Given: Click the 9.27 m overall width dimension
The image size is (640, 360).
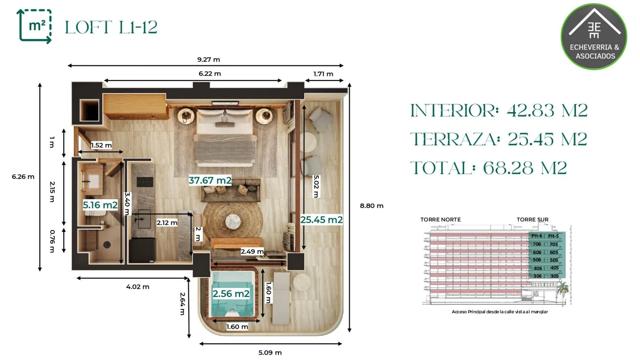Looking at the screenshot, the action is coord(208,60).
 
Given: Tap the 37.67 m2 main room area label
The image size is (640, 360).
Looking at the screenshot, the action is coord(210,180).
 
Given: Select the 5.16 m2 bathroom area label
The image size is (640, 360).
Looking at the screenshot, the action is coord(100,205).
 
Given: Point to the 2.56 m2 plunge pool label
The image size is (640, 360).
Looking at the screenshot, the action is coord(231,294).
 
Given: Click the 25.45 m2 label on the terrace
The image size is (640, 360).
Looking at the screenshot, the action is coord(322,220).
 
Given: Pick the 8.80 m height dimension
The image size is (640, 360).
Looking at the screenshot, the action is coord(372,206).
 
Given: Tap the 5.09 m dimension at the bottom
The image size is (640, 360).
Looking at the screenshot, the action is coord(270,352).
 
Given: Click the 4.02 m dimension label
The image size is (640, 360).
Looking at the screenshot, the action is coord(138,286).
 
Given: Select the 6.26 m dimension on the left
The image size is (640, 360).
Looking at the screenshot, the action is coord(23,176).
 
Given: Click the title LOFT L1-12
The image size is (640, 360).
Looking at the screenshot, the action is coord(111,27).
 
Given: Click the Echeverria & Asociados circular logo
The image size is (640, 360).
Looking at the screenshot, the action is coord(594,36).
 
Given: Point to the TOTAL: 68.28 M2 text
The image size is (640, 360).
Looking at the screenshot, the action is coord(488,168).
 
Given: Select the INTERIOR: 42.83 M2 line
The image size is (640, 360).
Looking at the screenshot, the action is coord(499,110).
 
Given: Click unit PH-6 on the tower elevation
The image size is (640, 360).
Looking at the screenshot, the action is coord(536,236).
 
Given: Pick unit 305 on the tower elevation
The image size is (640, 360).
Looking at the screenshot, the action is coord(554,276).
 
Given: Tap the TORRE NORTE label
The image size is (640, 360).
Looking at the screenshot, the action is coord(440,220).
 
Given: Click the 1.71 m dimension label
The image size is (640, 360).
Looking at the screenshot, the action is coord(323,74).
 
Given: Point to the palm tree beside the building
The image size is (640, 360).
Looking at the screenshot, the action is coord(562,292).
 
